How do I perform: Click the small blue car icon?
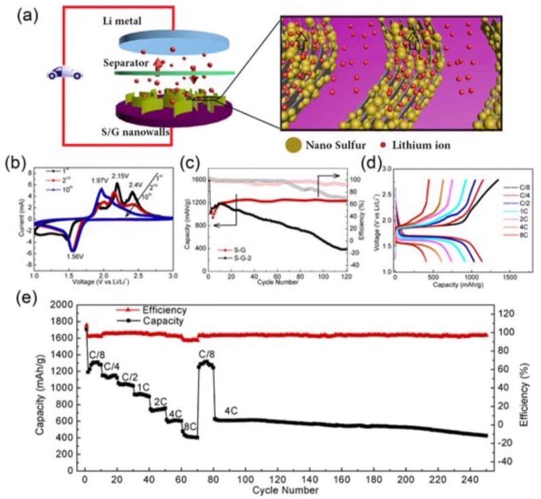65,72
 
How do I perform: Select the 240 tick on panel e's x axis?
471,479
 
